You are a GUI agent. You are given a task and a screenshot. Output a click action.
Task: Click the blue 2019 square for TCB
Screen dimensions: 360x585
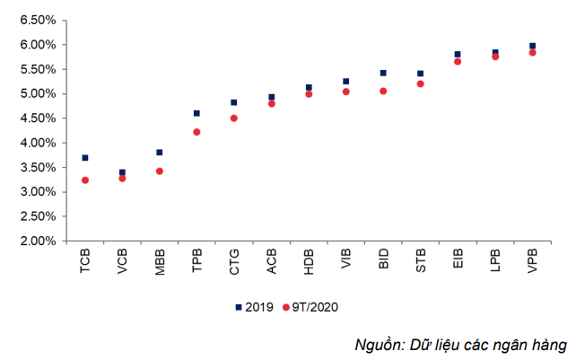pos(85,158)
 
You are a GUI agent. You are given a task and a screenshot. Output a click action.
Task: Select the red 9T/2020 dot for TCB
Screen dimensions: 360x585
pos(85,180)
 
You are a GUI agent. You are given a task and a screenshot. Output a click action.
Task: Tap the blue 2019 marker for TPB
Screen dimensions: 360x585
pos(196,113)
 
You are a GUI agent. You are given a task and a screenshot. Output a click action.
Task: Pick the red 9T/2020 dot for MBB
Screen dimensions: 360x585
pos(160,171)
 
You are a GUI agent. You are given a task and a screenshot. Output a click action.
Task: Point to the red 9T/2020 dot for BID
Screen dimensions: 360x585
pos(383,91)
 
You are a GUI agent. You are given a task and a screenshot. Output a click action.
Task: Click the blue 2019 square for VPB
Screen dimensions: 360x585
pos(533,46)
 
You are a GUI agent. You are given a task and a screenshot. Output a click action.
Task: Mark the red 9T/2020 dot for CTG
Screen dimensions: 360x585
pos(234,118)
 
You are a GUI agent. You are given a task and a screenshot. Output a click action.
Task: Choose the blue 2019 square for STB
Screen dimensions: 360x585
pos(420,74)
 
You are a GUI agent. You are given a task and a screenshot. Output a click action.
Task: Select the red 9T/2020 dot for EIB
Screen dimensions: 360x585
pos(458,62)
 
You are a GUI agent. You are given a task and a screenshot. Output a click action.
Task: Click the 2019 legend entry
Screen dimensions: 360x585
pos(256,307)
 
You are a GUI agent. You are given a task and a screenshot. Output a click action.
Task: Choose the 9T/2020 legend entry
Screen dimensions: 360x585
pos(310,307)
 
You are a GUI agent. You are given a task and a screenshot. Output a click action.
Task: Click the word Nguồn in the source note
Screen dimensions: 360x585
pos(377,345)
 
